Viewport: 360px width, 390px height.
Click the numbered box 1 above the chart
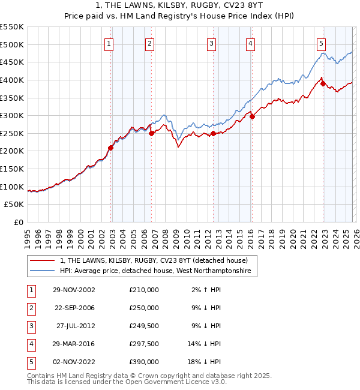109,43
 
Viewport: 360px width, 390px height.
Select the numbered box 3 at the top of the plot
212,43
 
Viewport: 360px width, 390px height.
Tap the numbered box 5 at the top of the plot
322,43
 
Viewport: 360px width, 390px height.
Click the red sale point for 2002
111,148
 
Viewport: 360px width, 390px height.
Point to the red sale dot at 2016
252,116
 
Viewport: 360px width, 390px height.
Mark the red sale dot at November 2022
323,83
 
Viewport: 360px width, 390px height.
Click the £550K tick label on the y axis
12,27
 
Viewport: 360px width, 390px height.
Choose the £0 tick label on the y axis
19,222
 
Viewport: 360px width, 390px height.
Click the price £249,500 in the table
143,326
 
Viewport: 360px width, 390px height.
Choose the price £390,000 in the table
143,362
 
